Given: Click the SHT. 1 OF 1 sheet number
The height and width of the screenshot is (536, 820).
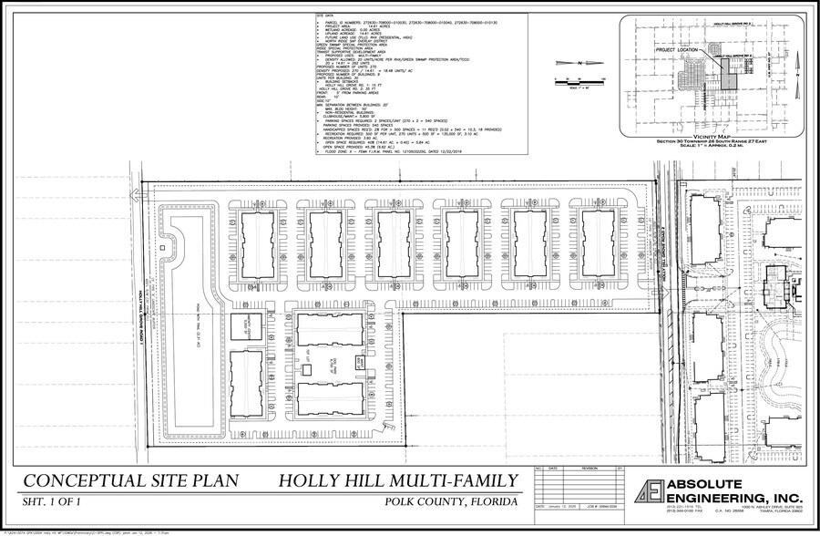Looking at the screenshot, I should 58,503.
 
